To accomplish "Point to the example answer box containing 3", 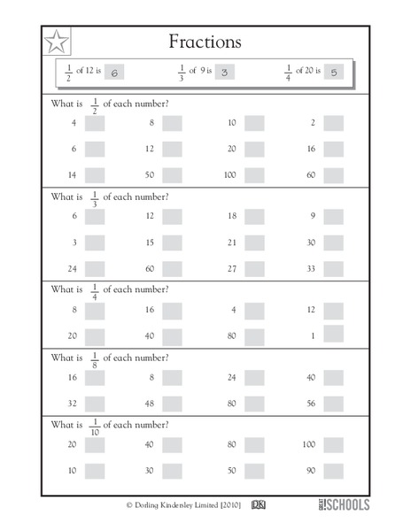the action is coord(224,73).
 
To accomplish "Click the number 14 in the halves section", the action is coord(73,175).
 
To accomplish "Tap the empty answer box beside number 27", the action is coord(254,268).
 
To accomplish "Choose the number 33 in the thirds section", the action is coord(311,268).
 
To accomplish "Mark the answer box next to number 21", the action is coord(254,242).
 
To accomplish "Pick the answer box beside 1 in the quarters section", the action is coord(333,334).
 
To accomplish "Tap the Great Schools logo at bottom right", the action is coord(344,504).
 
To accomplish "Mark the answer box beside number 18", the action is coord(254,217).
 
